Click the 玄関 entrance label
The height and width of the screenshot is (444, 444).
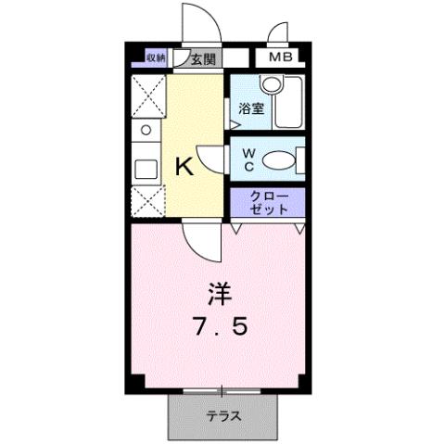point(204,58)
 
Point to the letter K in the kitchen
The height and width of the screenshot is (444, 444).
point(184,167)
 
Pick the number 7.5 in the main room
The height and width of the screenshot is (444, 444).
point(219,327)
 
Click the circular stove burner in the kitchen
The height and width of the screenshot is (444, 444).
point(146,130)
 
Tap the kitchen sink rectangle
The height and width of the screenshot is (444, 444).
point(146,170)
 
